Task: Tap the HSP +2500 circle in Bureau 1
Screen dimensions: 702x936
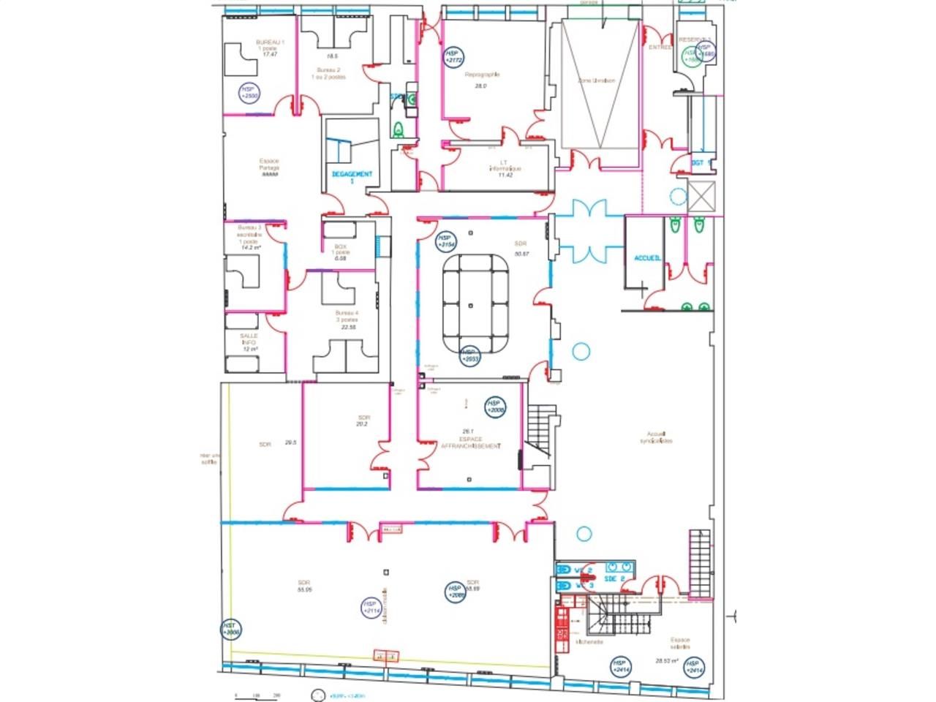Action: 249,93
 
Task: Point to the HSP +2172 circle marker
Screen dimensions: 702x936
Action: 453,57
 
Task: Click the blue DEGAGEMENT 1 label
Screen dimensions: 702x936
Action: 352,176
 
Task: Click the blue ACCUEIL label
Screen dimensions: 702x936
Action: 648,258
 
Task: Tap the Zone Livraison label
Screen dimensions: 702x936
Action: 596,81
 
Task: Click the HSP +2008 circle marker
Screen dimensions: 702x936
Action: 497,407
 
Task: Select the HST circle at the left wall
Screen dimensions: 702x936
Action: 230,630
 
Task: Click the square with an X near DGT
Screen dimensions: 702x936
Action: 701,195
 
